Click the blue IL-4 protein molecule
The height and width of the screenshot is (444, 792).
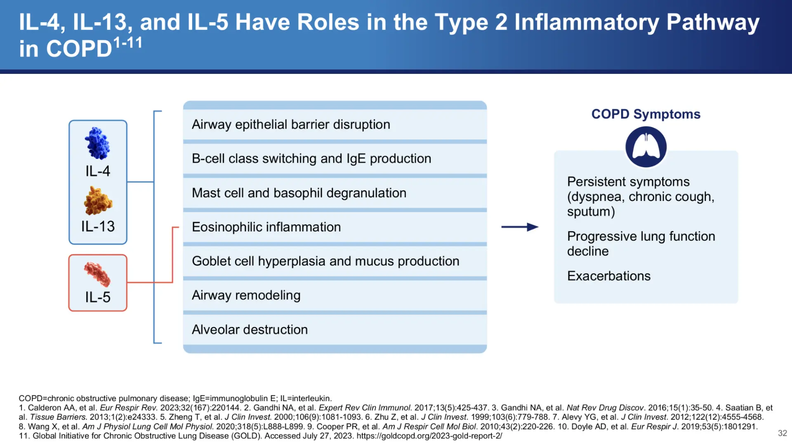[x=97, y=143]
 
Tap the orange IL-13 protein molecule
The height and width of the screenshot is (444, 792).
[x=98, y=201]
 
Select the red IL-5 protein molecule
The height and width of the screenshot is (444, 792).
[x=97, y=274]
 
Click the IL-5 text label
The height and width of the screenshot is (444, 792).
[x=98, y=297]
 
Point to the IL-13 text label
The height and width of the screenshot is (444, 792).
[x=98, y=226]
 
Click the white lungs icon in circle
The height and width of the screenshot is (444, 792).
[x=646, y=147]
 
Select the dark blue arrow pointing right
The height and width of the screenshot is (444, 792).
[x=520, y=227]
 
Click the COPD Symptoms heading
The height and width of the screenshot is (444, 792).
[x=646, y=114]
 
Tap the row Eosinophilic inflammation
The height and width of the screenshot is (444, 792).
[x=266, y=227]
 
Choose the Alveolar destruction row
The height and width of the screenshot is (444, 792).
[x=250, y=329]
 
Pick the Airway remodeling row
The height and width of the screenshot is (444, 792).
[x=246, y=295]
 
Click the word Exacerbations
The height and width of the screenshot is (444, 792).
[x=608, y=276]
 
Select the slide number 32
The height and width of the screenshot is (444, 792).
[x=782, y=433]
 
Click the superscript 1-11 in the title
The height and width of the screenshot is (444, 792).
[x=128, y=43]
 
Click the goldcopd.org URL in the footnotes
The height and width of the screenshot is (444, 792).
[x=429, y=436]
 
